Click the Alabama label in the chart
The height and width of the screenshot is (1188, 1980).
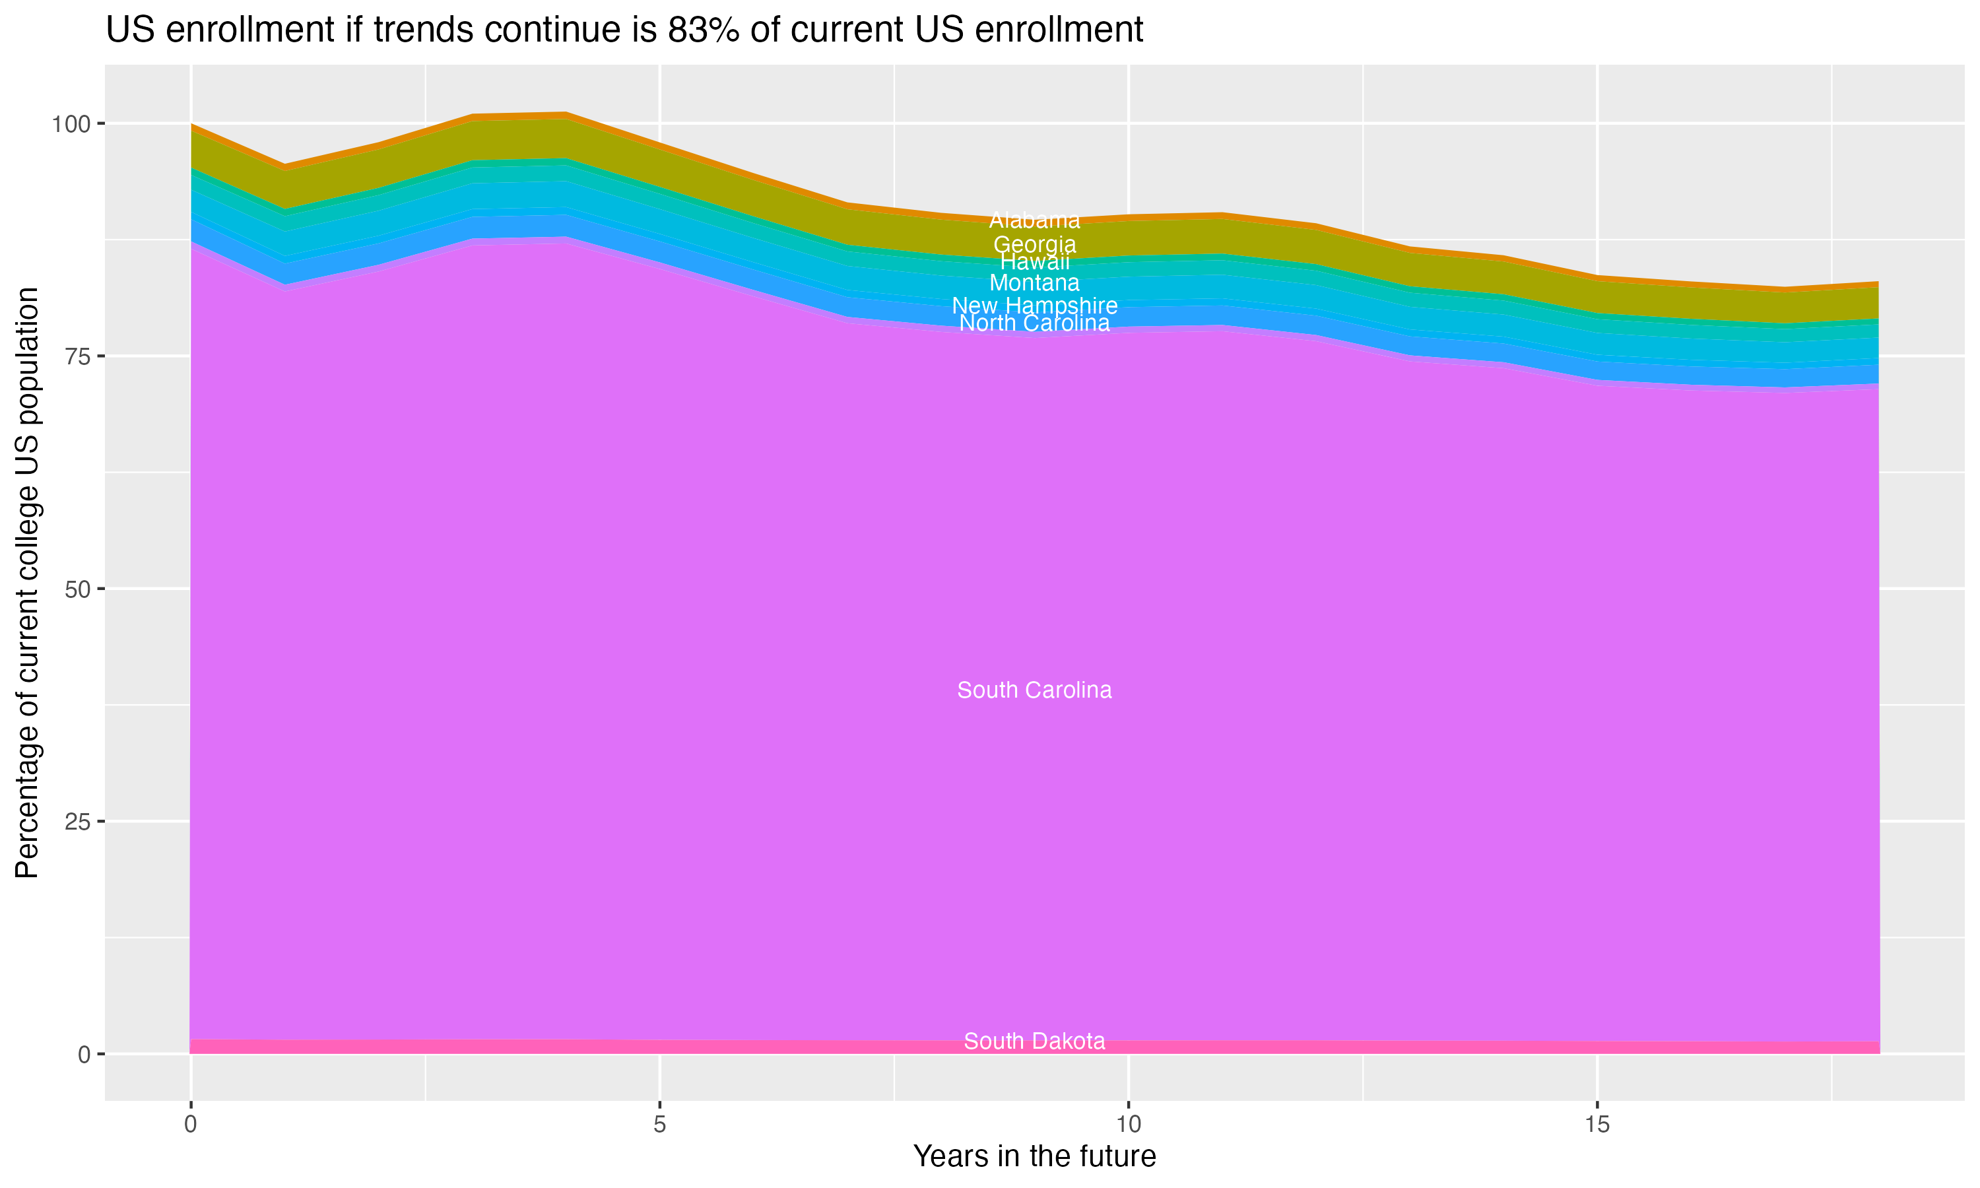coord(1034,220)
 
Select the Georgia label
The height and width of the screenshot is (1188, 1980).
coord(1034,244)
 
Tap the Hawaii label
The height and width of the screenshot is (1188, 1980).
coord(1034,262)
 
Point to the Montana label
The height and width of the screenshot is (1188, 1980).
coord(1034,282)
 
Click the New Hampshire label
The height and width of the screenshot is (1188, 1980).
coord(1034,305)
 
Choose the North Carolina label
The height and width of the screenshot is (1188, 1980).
coord(1034,323)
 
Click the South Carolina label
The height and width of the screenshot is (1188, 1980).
coord(1034,690)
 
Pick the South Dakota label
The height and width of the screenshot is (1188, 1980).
coord(1034,1041)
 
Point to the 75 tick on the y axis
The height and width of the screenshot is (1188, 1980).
coord(79,356)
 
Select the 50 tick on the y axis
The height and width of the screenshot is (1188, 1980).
coord(79,589)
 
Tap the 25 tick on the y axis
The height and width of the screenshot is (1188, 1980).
coord(79,821)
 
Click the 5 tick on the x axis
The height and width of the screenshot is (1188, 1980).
coord(659,1125)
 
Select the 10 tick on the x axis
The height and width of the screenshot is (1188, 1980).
coord(1129,1125)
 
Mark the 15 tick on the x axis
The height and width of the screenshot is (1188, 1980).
coord(1597,1125)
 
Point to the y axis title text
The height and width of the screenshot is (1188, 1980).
coord(27,583)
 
